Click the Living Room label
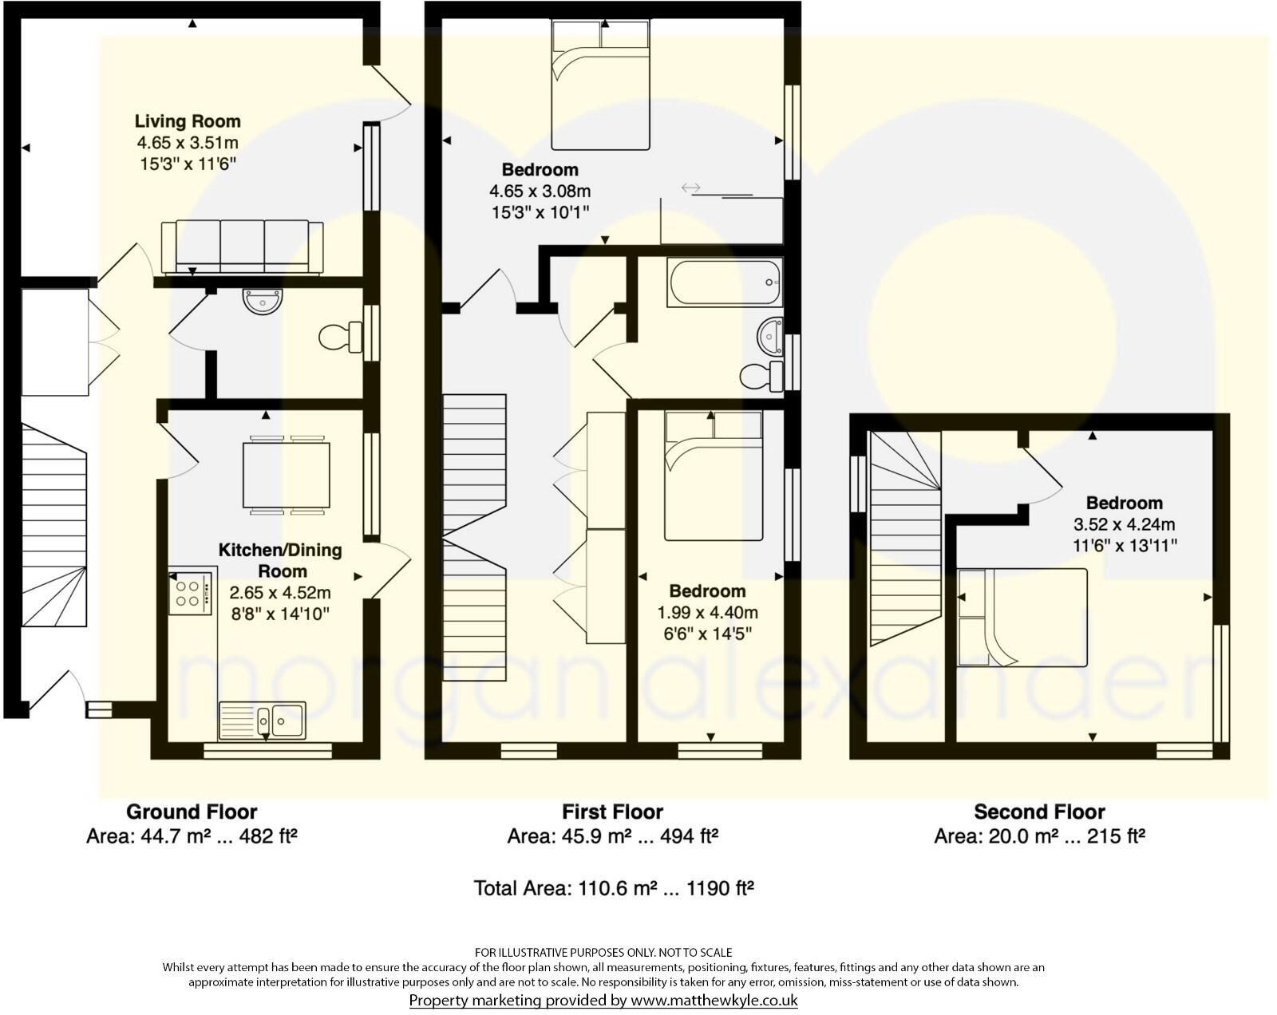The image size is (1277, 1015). coord(188,121)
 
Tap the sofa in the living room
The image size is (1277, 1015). coord(243,247)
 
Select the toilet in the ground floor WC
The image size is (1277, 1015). coord(340,338)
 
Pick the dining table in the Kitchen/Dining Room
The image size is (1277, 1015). coord(287,475)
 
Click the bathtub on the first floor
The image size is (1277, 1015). coord(725,282)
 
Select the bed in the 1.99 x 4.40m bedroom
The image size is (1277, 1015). coord(714,476)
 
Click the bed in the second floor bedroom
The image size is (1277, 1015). coord(1022,617)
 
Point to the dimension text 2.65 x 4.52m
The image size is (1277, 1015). coord(280,593)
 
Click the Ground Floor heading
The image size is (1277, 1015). coord(192,812)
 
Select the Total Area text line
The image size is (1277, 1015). coord(614,888)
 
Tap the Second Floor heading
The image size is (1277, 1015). coord(1039,812)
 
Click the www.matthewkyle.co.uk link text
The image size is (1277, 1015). coord(714,1001)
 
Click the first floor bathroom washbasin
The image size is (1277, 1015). coord(771,336)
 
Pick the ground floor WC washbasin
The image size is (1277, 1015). coord(263,302)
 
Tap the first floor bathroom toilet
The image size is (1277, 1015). coord(760,375)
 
